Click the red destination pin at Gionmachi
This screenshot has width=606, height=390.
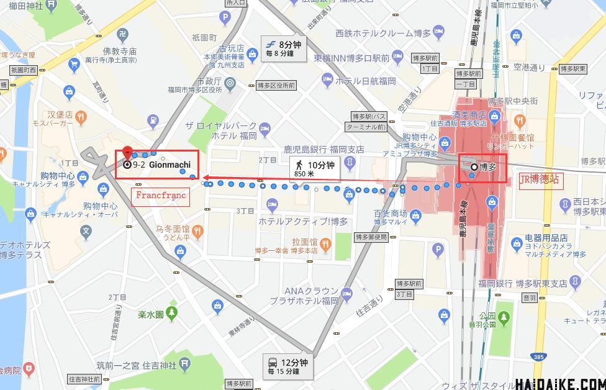[128, 152]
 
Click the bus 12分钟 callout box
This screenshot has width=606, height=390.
[289, 366]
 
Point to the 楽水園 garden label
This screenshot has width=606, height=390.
[150, 315]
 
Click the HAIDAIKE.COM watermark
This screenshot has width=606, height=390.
[559, 384]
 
